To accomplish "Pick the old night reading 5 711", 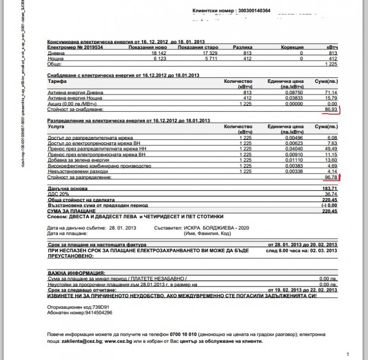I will click(210, 59).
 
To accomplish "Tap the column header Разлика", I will click(242, 47).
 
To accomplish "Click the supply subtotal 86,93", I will click(330, 110).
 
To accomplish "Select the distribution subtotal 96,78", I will click(330, 176).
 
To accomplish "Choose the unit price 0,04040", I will click(292, 149).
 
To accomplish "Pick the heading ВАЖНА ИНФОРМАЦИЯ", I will click(75, 273).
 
